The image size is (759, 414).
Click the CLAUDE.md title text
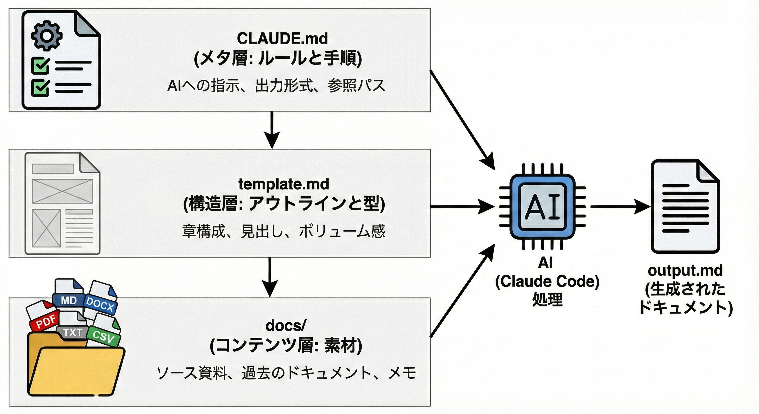pos(282,39)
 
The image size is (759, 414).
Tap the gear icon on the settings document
pos(47,36)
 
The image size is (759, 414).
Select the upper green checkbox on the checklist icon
pos(40,65)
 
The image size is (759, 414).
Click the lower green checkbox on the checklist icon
pos(40,88)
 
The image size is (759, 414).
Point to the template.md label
pos(284,184)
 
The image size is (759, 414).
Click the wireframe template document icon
pos(62,203)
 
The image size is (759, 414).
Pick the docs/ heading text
pos(286,325)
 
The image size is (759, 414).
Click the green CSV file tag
pos(103,336)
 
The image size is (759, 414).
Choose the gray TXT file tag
pos(73,332)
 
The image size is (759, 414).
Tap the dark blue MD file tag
pos(69,301)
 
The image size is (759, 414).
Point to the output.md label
pos(685,271)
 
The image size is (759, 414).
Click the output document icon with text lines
pos(685,206)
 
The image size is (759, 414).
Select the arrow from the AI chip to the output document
pos(619,206)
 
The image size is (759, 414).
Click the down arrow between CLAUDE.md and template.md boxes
pos(272,130)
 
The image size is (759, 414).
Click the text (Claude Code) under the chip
pos(547,282)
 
